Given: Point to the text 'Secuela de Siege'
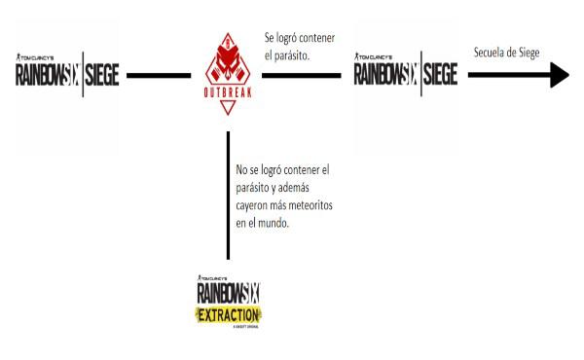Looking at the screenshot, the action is (x=506, y=52).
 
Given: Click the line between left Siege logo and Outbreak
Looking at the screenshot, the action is (x=159, y=74).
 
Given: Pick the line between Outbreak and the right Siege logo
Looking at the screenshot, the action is (x=297, y=74).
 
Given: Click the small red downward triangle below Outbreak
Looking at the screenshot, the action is (x=228, y=109).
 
